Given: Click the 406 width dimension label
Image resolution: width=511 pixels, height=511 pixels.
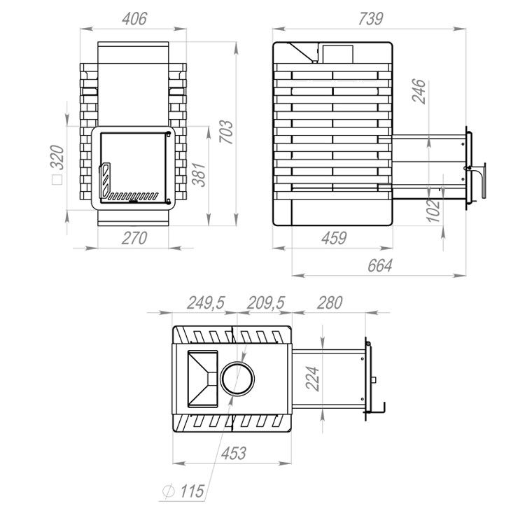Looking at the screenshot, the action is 134,19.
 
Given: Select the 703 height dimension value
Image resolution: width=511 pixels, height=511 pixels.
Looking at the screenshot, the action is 226,132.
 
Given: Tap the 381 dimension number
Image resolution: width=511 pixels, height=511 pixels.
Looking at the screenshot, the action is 199,174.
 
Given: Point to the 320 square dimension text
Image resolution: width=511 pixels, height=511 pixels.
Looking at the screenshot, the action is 57,157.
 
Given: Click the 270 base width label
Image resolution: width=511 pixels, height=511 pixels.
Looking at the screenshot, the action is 134,238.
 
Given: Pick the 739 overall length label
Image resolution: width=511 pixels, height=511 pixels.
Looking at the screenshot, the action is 370,19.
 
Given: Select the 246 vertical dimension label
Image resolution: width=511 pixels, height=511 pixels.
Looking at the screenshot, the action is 419,91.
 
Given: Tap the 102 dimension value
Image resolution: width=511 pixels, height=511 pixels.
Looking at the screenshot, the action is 433,210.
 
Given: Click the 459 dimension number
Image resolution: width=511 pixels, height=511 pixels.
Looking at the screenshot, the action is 334,238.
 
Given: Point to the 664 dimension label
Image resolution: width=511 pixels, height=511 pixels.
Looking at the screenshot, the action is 380,265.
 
